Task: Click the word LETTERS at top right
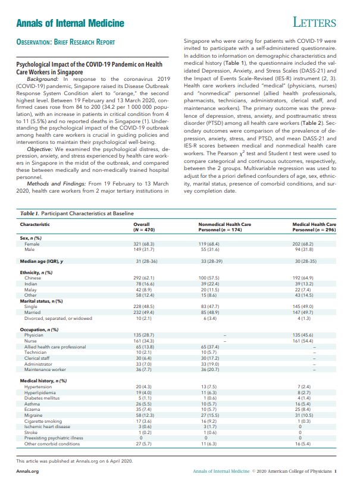pos(315,23)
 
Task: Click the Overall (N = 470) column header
pos(145,227)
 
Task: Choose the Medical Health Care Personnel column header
pos(314,227)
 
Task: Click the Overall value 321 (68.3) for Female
pos(145,244)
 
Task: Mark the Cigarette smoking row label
pos(41,404)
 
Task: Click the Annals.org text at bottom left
pos(27,472)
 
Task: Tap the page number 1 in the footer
pos(336,472)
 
